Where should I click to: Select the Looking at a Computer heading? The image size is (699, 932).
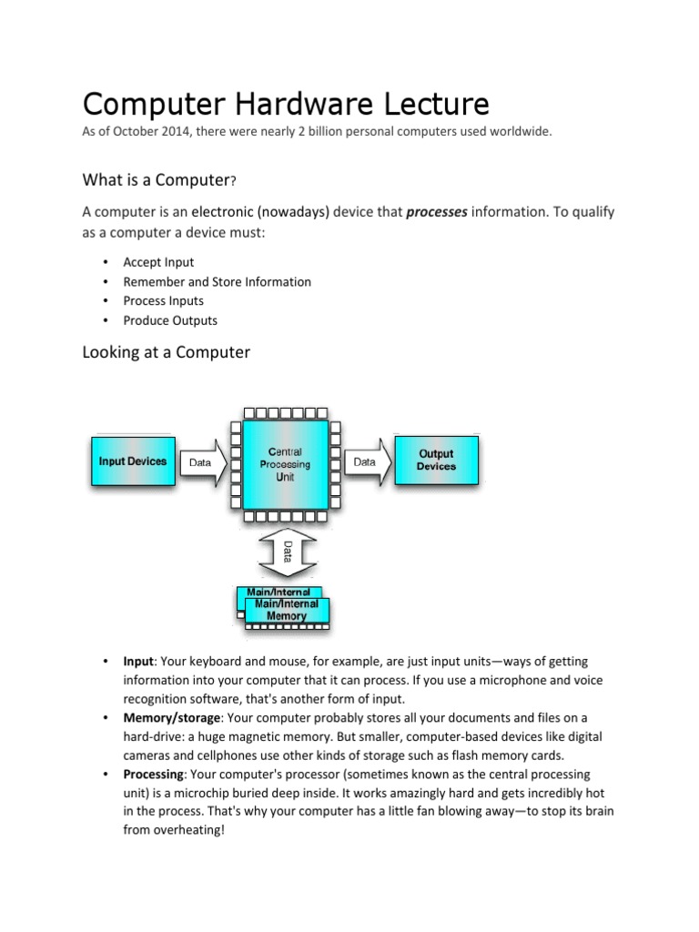pyautogui.click(x=166, y=351)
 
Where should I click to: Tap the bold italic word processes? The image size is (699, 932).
pyautogui.click(x=437, y=212)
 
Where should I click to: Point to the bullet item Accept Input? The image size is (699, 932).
pyautogui.click(x=158, y=262)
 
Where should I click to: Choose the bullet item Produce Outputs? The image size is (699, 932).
pyautogui.click(x=170, y=320)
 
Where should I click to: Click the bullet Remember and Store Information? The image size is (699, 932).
pyautogui.click(x=217, y=282)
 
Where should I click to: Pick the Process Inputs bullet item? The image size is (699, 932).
pyautogui.click(x=164, y=301)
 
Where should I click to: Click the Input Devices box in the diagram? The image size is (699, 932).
pyautogui.click(x=133, y=461)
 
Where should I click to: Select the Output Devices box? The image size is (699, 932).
pyautogui.click(x=435, y=461)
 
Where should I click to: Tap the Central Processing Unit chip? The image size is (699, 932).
pyautogui.click(x=285, y=464)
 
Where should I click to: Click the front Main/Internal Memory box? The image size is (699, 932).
pyautogui.click(x=287, y=610)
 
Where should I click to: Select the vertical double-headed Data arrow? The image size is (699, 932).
pyautogui.click(x=288, y=552)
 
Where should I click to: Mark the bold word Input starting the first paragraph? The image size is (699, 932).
pyautogui.click(x=138, y=661)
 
